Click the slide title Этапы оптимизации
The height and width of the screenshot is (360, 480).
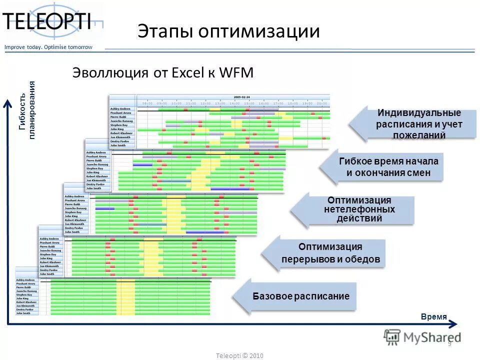228,31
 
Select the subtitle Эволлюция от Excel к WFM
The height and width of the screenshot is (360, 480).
163,73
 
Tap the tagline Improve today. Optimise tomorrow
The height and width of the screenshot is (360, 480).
48,47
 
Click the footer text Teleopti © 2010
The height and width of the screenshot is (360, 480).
239,355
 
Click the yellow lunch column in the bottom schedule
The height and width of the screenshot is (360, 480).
125,297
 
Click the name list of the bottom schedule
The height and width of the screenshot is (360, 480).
27,297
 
